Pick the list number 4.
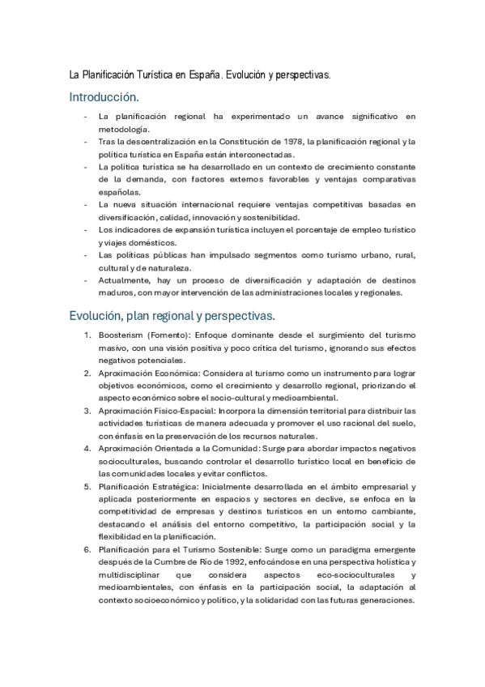[x=88, y=448]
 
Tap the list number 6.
[x=88, y=549]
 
